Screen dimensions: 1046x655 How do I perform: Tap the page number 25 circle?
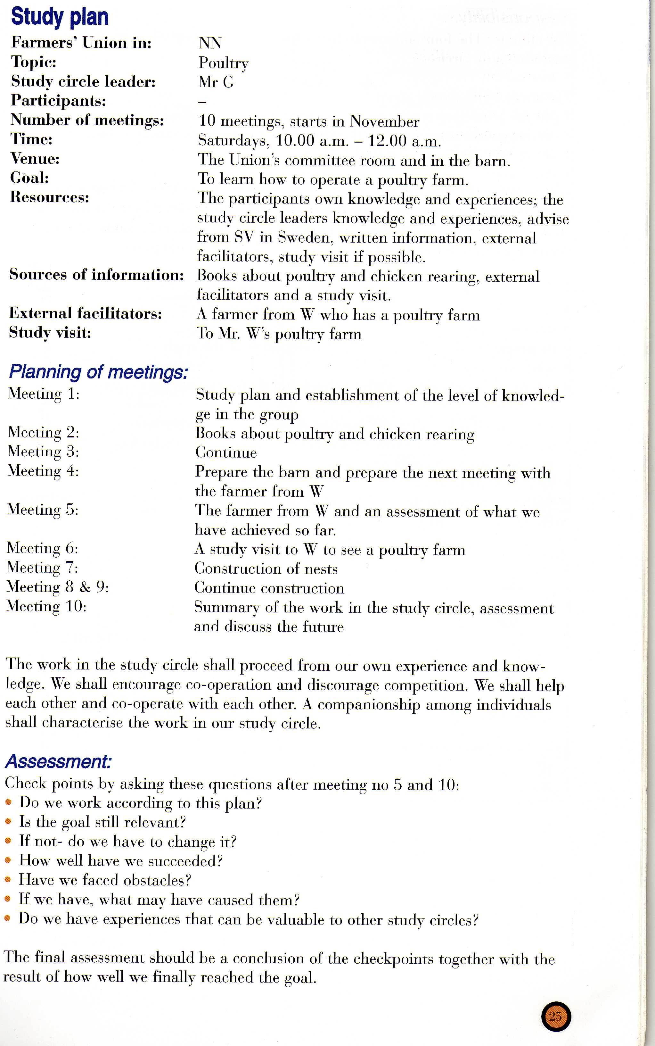click(556, 1017)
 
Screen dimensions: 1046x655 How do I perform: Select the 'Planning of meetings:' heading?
click(98, 372)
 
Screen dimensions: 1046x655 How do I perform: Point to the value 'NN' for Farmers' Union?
click(210, 43)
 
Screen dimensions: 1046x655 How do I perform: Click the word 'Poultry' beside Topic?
click(224, 63)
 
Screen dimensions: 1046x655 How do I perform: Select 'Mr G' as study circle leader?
click(216, 82)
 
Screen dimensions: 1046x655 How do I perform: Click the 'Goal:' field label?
click(29, 178)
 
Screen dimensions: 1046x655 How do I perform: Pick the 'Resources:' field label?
click(49, 197)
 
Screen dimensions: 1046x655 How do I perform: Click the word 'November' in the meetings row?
click(384, 121)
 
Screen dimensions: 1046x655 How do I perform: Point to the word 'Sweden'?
click(304, 237)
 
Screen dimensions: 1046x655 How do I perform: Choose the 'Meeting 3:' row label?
click(43, 452)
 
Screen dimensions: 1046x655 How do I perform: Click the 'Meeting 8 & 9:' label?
click(58, 587)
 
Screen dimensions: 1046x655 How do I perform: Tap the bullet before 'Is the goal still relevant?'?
click(8, 822)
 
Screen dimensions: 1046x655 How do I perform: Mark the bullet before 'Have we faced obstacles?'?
click(7, 880)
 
